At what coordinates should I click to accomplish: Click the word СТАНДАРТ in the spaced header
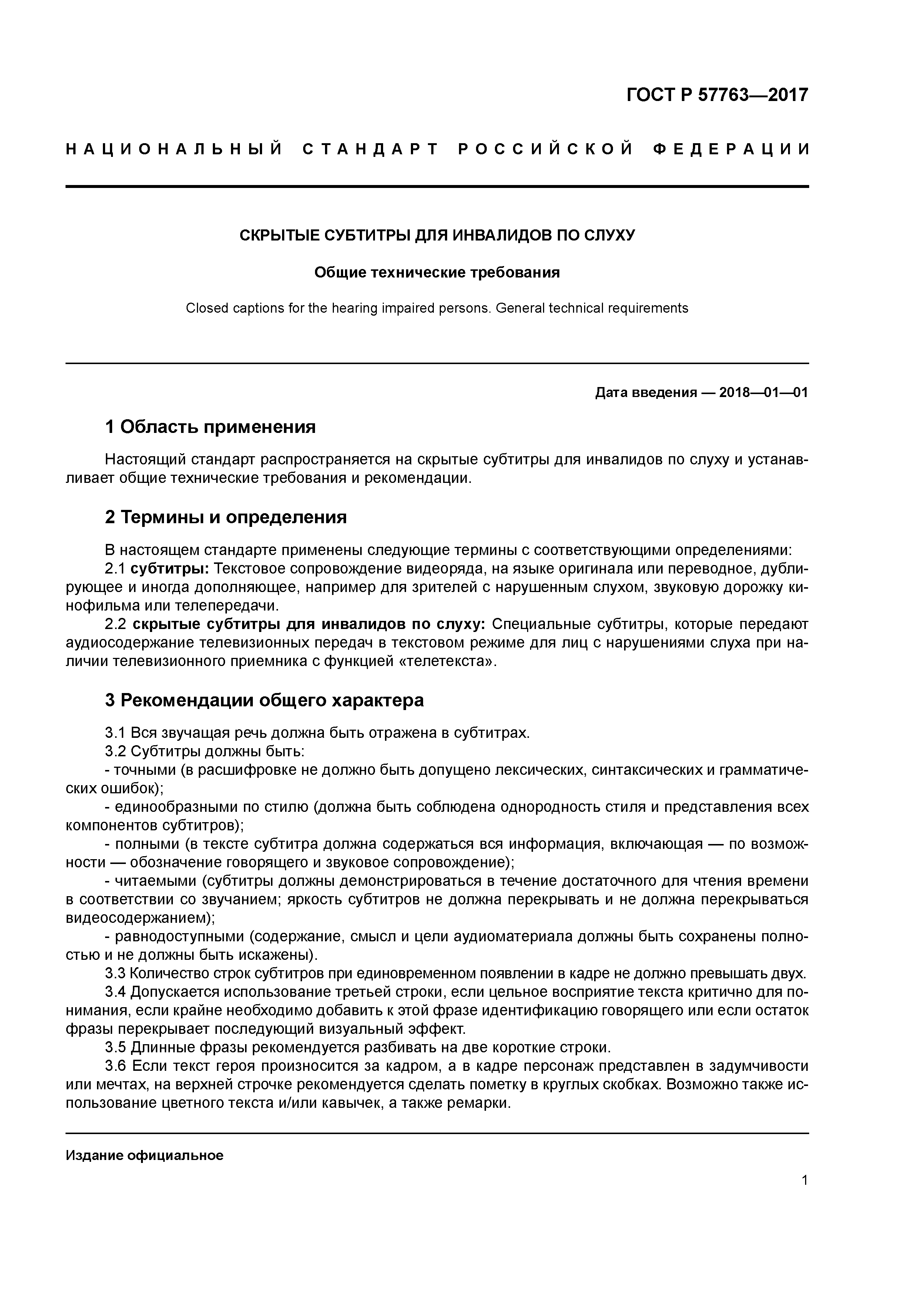[371, 149]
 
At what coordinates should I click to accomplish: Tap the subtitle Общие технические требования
[437, 272]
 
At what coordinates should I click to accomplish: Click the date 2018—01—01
[763, 392]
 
